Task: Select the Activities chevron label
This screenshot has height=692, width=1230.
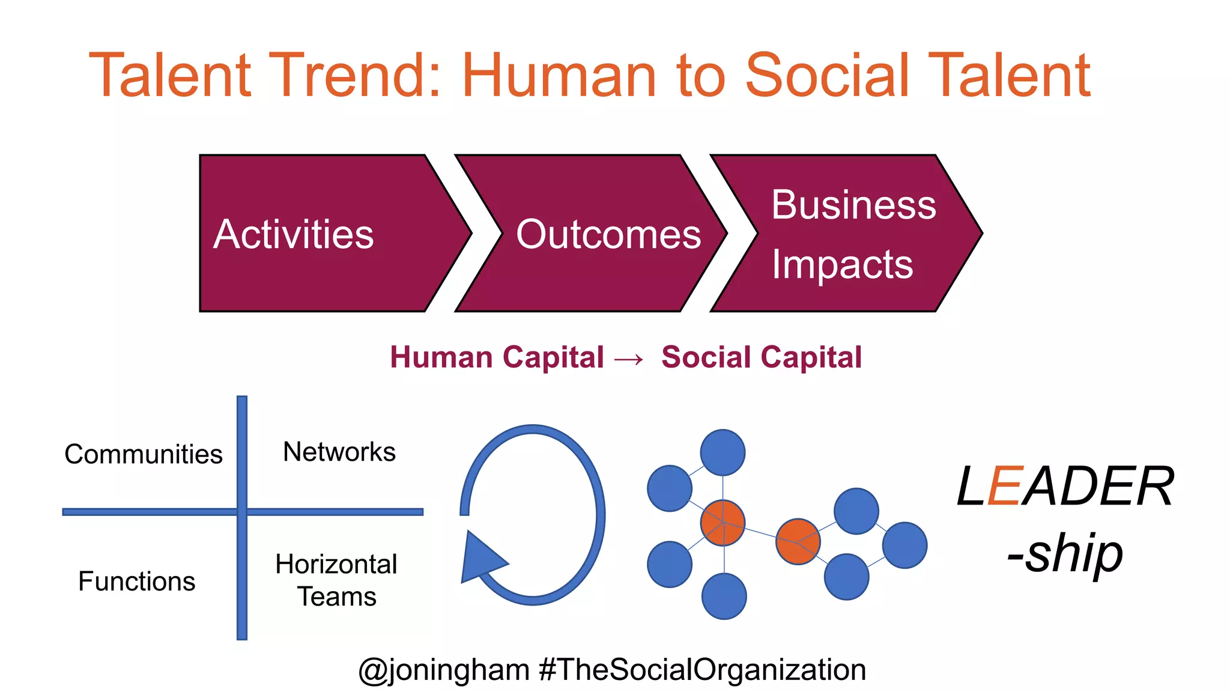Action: click(x=294, y=234)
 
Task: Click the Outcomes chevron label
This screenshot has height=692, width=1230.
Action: click(x=608, y=234)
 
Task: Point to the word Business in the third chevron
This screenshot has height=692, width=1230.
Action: click(x=853, y=205)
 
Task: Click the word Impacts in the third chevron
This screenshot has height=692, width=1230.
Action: click(x=842, y=264)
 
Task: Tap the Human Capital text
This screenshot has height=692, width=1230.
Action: click(x=497, y=357)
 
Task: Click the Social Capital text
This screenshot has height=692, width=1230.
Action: click(x=762, y=357)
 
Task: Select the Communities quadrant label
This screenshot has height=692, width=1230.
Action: click(x=144, y=454)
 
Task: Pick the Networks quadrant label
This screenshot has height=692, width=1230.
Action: click(x=339, y=452)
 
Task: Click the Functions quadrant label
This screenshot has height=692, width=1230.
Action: click(x=137, y=581)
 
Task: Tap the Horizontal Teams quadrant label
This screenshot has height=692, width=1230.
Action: click(x=337, y=580)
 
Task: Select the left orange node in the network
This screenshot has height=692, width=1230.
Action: click(x=723, y=523)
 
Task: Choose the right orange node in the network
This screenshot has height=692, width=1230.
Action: click(x=798, y=541)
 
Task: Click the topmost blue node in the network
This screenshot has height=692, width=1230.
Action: click(x=723, y=452)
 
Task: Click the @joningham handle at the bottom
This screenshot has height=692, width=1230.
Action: click(x=444, y=670)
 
